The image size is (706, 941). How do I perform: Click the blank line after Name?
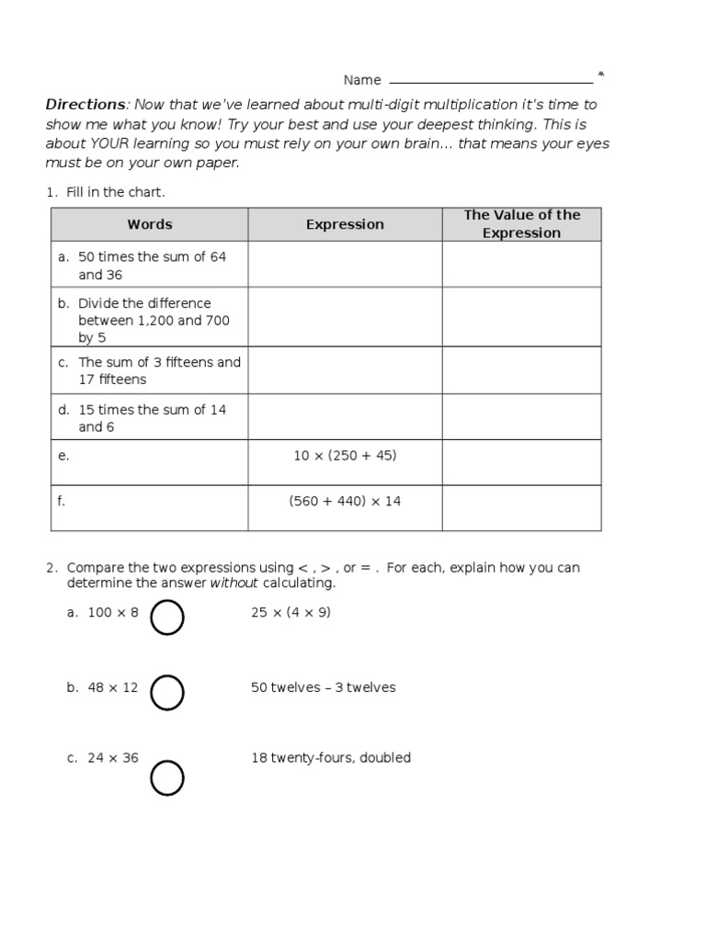(491, 81)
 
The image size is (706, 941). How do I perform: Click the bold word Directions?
(85, 105)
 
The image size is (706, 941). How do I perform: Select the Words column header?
(149, 224)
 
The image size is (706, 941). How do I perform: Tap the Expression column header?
(345, 224)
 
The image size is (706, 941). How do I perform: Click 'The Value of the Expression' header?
(521, 224)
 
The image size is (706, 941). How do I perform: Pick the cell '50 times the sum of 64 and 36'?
(149, 266)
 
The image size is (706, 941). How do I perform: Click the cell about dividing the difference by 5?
(149, 320)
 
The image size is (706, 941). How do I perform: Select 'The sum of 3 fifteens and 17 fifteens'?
(149, 370)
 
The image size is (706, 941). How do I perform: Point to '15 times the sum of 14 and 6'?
(149, 417)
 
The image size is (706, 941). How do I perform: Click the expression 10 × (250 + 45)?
(345, 456)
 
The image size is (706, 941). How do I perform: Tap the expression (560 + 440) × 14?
(345, 502)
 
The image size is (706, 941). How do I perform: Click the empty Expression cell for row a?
(345, 265)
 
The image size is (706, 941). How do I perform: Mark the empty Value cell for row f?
(521, 508)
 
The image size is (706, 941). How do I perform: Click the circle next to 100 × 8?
(167, 618)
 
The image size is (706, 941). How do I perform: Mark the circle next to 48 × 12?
(167, 693)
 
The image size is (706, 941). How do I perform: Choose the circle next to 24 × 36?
(167, 777)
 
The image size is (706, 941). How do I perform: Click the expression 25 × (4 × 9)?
(290, 613)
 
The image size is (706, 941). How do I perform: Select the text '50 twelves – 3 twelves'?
(323, 687)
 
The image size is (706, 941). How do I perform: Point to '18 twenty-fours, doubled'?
(330, 758)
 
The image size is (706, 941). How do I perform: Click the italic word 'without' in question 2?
(234, 584)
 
